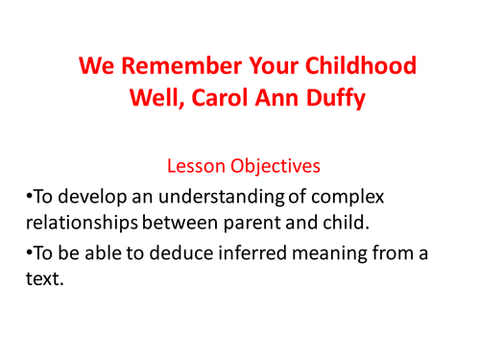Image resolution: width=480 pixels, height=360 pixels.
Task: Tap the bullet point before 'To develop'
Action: pos(29,199)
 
